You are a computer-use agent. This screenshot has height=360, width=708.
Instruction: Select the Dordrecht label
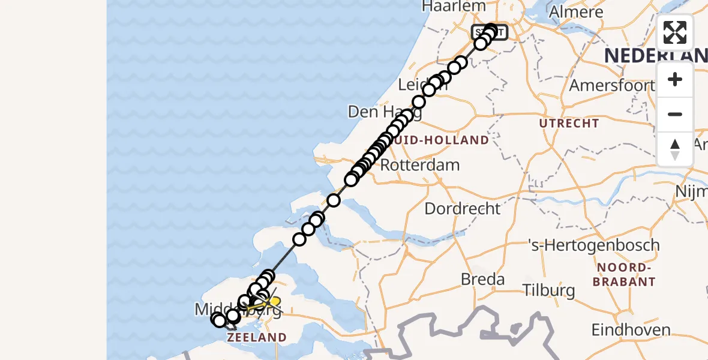[462, 209]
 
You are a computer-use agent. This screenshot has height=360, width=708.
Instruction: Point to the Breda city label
[482, 279]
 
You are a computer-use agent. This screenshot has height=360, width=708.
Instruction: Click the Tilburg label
[548, 291]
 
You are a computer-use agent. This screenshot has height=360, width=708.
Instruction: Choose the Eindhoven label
[631, 329]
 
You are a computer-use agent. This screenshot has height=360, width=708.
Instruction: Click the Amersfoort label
[611, 85]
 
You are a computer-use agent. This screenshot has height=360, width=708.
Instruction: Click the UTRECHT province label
[569, 123]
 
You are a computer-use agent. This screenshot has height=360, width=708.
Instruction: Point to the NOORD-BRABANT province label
[625, 274]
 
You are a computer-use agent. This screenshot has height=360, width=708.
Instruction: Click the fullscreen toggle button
[675, 32]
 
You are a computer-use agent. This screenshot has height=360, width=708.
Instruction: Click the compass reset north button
[675, 149]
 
